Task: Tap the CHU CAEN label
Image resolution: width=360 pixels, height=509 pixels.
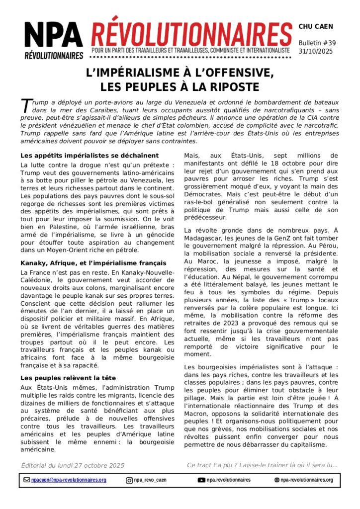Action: pyautogui.click(x=316, y=26)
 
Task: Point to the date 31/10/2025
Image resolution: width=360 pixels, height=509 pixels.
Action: pyautogui.click(x=315, y=51)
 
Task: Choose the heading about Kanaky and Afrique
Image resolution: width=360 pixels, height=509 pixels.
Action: pyautogui.click(x=87, y=262)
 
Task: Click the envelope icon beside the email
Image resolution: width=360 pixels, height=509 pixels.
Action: pyautogui.click(x=27, y=480)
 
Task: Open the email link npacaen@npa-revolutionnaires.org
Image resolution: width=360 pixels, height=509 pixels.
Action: pyautogui.click(x=69, y=480)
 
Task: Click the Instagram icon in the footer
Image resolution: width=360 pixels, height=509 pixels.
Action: pyautogui.click(x=129, y=480)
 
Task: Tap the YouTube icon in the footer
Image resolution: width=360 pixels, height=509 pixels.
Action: pyautogui.click(x=201, y=480)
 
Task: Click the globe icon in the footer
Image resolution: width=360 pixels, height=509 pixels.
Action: pyautogui.click(x=277, y=480)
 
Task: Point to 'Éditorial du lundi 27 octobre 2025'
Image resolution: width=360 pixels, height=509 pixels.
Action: pyautogui.click(x=73, y=465)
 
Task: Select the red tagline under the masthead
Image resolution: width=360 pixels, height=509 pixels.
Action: pyautogui.click(x=190, y=51)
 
